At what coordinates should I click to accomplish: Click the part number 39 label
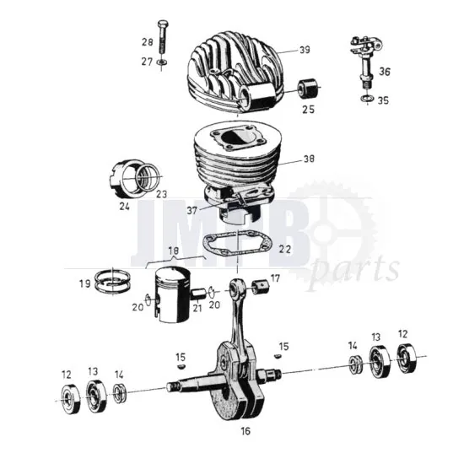pos(305,50)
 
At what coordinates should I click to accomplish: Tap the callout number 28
pos(147,42)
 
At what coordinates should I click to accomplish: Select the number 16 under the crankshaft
pos(245,431)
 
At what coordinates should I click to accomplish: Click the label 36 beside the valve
pos(384,73)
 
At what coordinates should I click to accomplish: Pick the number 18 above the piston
pos(174,251)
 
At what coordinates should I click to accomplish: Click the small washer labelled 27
pos(161,62)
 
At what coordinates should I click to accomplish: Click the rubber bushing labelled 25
pos(307,88)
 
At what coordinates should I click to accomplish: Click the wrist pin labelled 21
pos(198,292)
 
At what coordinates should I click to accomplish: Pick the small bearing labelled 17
pos(258,283)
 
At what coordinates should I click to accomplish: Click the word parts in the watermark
pos(353,271)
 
